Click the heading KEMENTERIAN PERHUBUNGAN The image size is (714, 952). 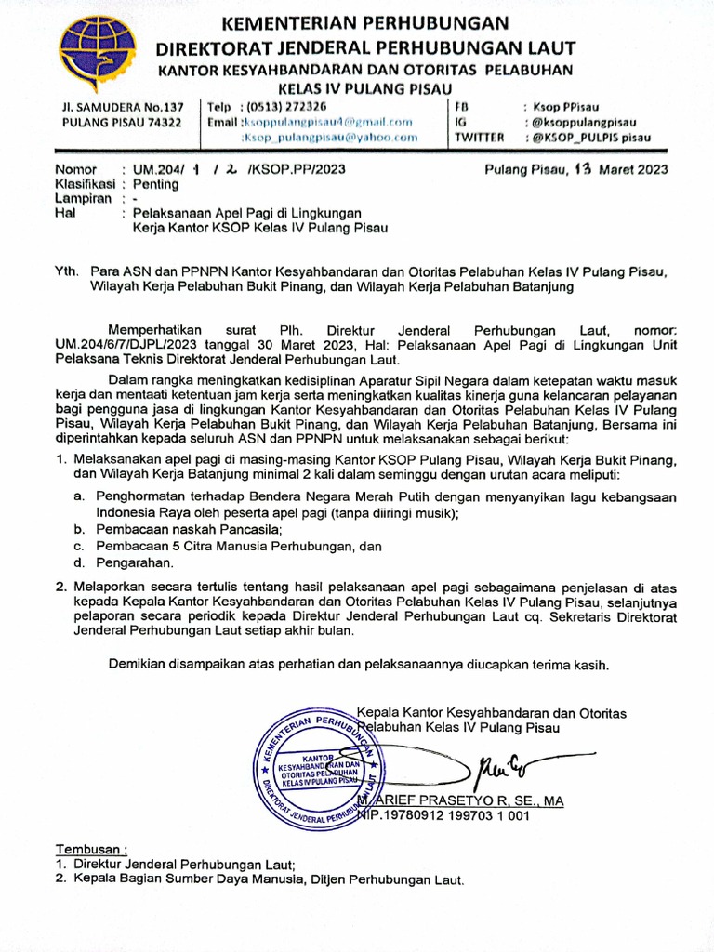click(365, 22)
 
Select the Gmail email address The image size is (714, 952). click(326, 122)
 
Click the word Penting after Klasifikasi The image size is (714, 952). click(156, 184)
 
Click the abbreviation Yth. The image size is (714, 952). click(67, 271)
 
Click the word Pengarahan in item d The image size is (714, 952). click(134, 562)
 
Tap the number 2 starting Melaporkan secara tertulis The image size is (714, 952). click(60, 588)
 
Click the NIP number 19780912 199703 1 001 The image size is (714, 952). click(454, 815)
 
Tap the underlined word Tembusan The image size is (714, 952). click(90, 849)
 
